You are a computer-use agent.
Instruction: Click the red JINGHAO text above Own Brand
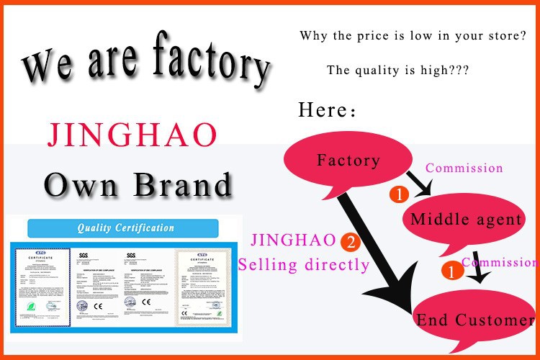point(131,135)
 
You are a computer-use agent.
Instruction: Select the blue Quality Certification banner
point(127,228)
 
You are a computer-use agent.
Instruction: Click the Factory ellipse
point(348,160)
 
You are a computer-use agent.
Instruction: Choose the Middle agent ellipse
point(466,220)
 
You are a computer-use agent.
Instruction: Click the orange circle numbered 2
point(351,242)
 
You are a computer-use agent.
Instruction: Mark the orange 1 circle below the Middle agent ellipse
point(451,271)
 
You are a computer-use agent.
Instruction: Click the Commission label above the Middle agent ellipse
point(464,168)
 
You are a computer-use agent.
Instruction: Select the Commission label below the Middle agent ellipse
point(500,262)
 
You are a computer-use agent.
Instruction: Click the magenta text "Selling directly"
point(304,264)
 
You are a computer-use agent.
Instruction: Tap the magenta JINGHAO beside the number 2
point(293,240)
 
